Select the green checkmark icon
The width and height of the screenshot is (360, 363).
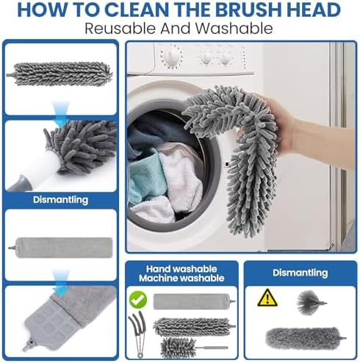(x=138, y=300)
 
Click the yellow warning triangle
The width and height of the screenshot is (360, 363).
(x=267, y=298)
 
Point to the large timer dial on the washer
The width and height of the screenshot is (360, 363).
(x=171, y=57)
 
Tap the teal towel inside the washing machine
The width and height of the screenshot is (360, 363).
(x=145, y=175)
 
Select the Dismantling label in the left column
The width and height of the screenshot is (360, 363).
(x=60, y=200)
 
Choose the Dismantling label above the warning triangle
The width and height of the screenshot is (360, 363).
(x=300, y=273)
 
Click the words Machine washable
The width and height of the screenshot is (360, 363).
(x=181, y=278)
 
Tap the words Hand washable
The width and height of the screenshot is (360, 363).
(x=181, y=269)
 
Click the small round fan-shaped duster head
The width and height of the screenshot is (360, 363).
(x=311, y=303)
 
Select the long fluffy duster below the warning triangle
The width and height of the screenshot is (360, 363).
(x=305, y=338)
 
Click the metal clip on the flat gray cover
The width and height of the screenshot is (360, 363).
(x=28, y=345)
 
